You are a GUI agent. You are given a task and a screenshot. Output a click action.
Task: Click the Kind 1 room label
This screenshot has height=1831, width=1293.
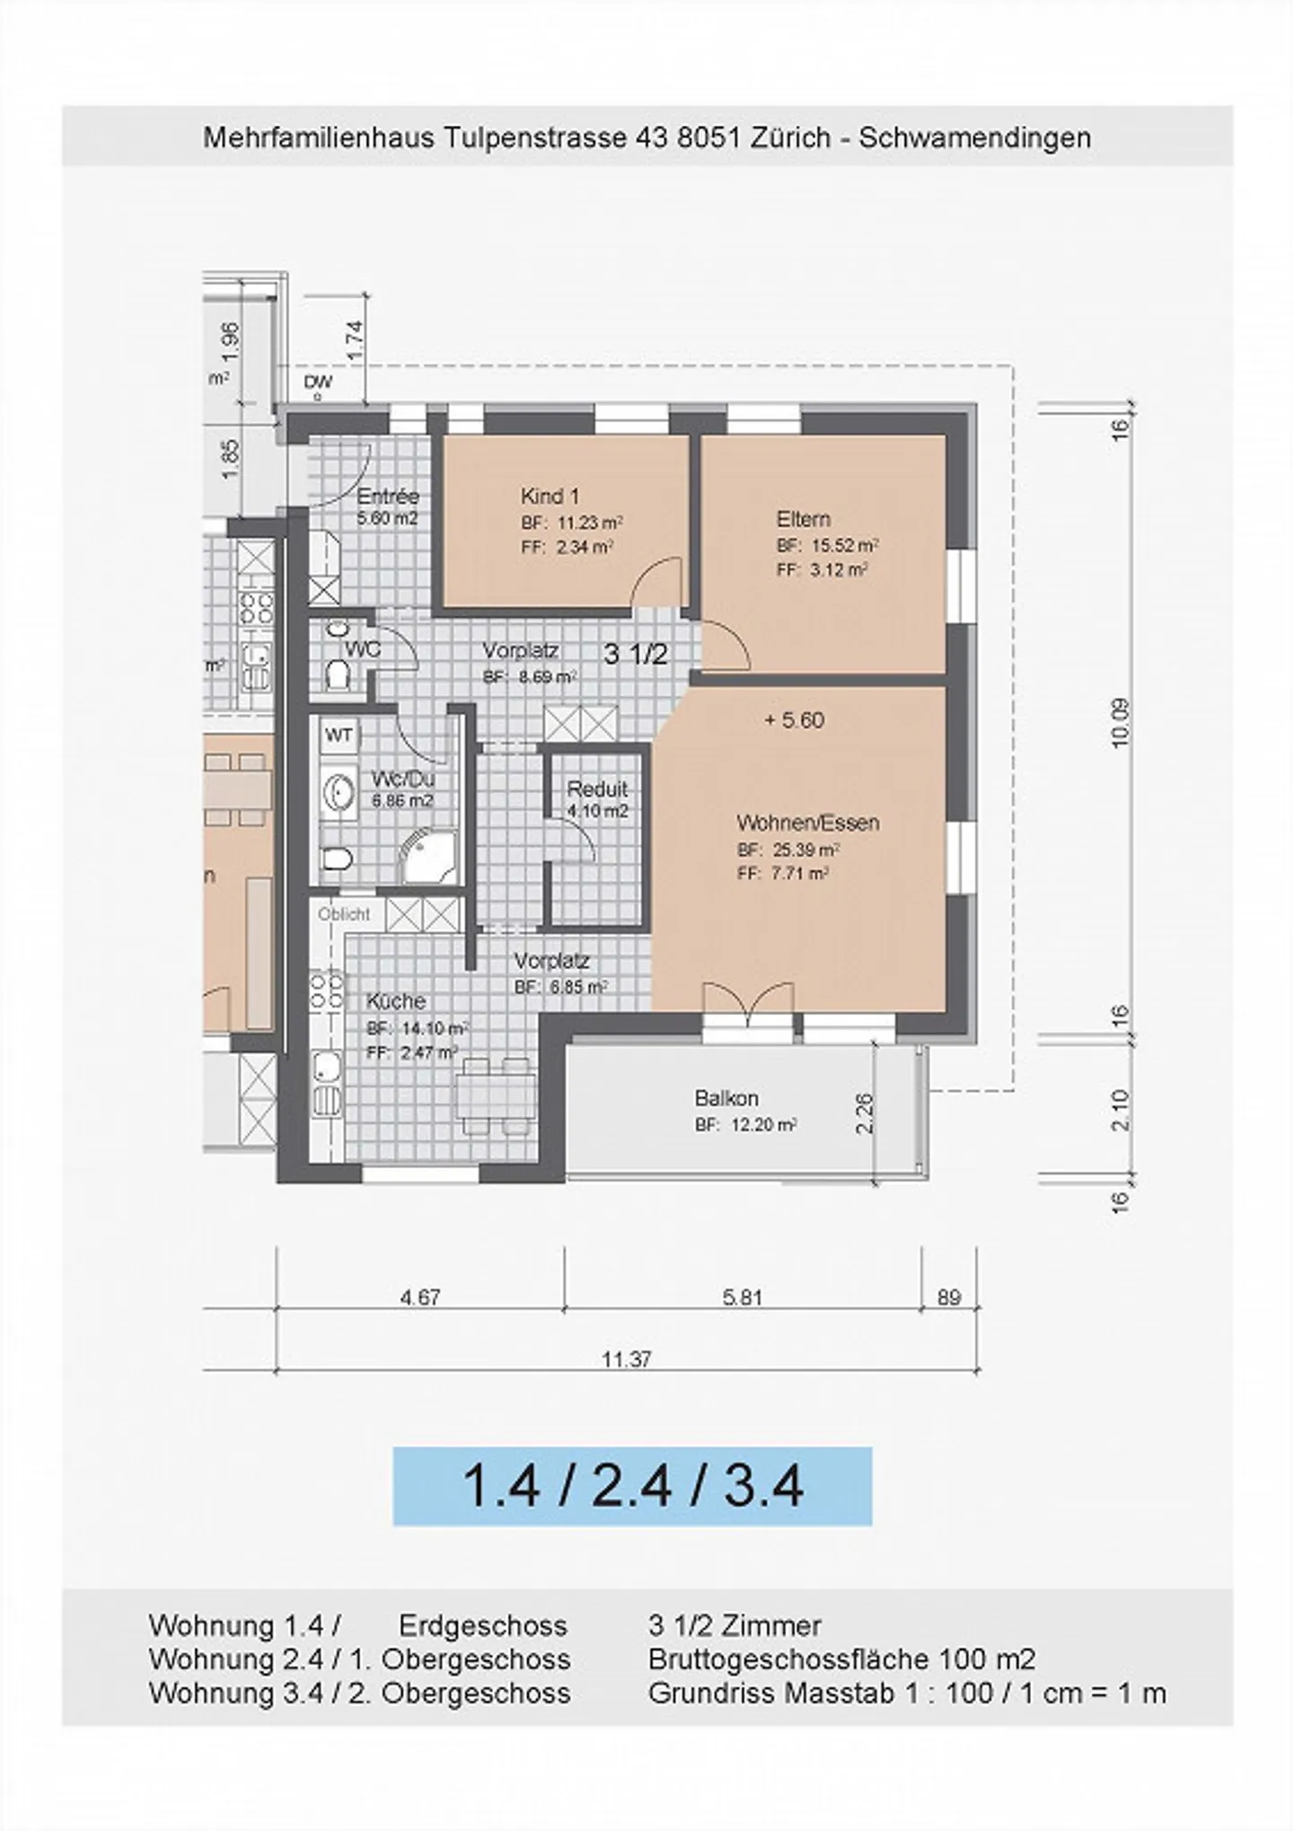click(550, 496)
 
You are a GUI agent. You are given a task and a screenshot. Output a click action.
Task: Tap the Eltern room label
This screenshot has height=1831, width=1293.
click(803, 519)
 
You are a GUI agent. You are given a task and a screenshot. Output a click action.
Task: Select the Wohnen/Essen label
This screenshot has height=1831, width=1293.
click(807, 823)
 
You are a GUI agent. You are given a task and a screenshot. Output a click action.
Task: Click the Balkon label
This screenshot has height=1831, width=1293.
click(726, 1098)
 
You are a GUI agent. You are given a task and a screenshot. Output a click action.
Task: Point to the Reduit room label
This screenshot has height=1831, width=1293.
click(597, 789)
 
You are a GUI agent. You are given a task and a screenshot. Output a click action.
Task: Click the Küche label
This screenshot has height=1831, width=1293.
click(396, 1001)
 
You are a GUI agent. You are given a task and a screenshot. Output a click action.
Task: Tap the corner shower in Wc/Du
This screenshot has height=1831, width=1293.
click(428, 858)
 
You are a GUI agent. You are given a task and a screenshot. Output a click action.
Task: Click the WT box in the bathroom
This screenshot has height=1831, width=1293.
click(339, 736)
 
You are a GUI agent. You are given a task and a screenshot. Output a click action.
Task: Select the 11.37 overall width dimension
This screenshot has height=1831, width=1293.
click(626, 1360)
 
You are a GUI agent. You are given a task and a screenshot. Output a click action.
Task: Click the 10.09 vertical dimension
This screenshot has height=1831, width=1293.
click(1120, 723)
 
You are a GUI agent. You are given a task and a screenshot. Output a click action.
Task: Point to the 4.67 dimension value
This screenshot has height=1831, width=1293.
click(420, 1298)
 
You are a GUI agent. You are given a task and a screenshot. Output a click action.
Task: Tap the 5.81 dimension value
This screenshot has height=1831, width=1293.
click(742, 1298)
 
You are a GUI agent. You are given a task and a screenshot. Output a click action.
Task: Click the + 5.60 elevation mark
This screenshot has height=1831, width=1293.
click(794, 720)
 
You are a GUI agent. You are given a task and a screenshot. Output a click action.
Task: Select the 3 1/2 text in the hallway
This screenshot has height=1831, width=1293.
click(636, 655)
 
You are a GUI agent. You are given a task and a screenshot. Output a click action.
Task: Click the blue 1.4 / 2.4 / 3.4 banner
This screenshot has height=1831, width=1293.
click(632, 1486)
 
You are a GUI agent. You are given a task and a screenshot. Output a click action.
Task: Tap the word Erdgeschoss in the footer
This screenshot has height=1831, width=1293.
click(483, 1626)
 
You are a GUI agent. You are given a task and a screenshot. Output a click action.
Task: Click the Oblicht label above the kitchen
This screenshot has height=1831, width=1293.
click(344, 914)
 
